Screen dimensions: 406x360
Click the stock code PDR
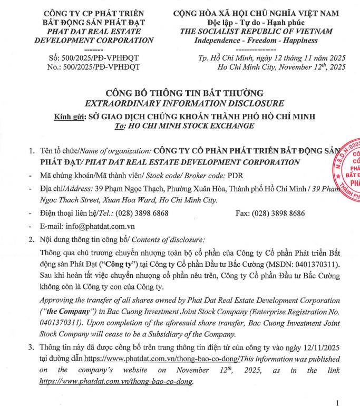tap(235, 175)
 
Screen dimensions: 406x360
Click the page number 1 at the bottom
tap(337, 403)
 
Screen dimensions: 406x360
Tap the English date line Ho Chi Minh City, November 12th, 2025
tap(281, 67)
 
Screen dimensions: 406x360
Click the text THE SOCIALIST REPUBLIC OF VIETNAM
tap(256, 31)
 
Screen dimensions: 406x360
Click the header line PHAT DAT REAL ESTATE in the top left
tap(94, 31)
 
